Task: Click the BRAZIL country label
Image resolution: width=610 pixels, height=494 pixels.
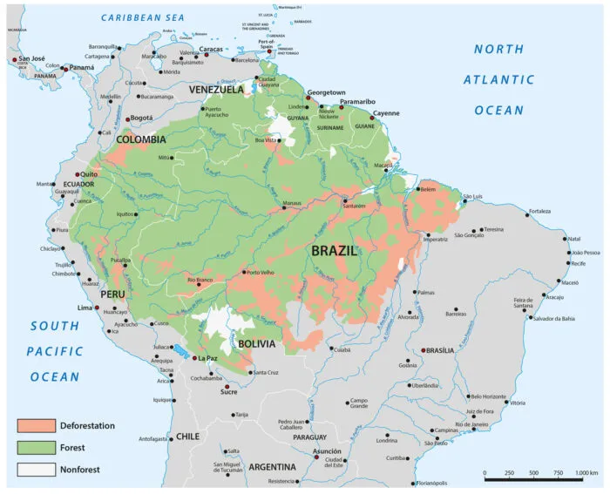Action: [334, 250]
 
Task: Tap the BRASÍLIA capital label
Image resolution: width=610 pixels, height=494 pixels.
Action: [438, 350]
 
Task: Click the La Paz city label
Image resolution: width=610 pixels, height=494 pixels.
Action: [207, 358]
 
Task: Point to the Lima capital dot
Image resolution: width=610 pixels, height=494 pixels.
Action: [97, 308]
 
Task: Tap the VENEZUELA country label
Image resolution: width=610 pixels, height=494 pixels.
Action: [213, 89]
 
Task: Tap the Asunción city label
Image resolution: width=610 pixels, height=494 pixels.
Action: [327, 451]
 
